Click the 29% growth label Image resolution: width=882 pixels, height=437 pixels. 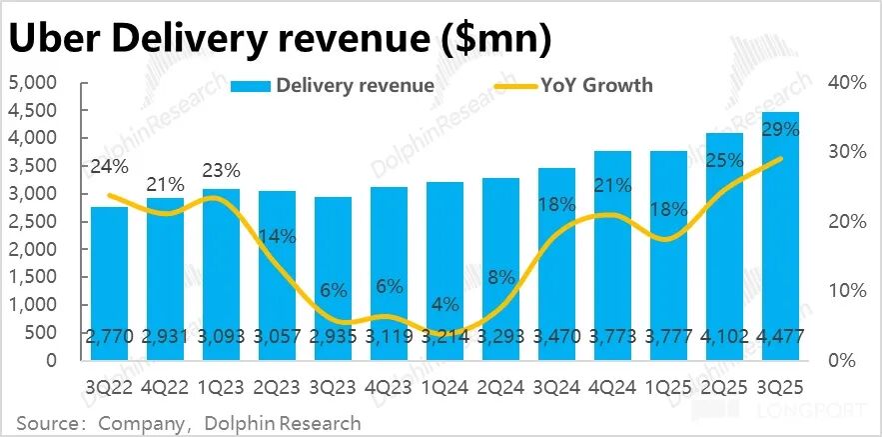[x=780, y=129]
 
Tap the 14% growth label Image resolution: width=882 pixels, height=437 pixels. [x=277, y=237]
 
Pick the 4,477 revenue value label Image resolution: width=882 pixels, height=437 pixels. [x=782, y=336]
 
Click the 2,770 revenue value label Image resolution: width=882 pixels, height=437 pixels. [x=110, y=336]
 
